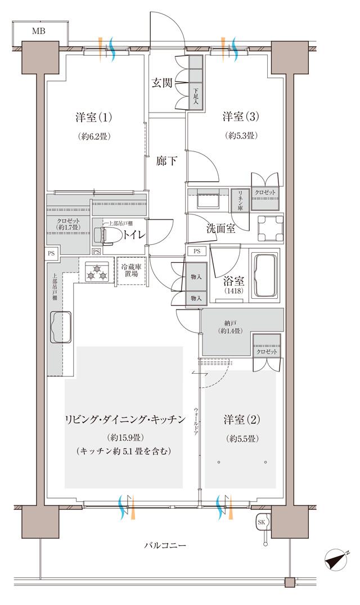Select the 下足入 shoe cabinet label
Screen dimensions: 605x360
pyautogui.click(x=196, y=93)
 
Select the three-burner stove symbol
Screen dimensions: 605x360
pyautogui.click(x=97, y=272)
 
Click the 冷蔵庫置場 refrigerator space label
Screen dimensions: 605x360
pyautogui.click(x=131, y=270)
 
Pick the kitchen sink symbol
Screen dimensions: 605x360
pyautogui.click(x=61, y=326)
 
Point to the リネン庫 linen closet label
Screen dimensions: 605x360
pyautogui.click(x=240, y=200)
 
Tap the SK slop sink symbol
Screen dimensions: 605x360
pyautogui.click(x=262, y=522)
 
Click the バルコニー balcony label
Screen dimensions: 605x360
pyautogui.click(x=165, y=545)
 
